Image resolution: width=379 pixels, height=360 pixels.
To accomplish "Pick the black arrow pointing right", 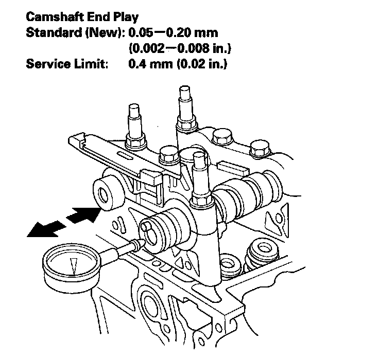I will [82, 212].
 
